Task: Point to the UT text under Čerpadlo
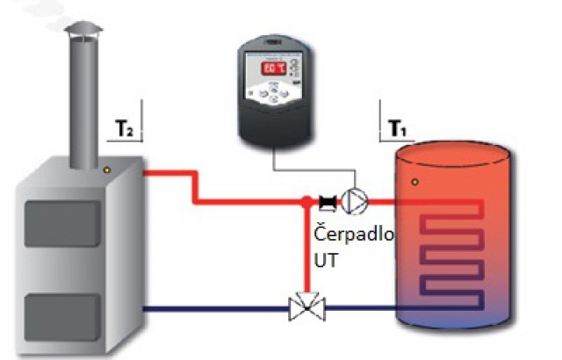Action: pos(325,262)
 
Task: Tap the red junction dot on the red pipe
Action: pos(304,201)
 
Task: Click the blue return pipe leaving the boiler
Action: pos(211,308)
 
